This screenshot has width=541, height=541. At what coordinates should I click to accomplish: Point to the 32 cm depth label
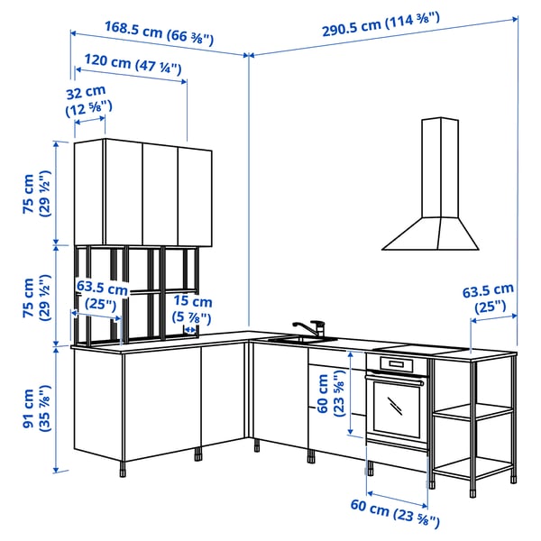coord(86,100)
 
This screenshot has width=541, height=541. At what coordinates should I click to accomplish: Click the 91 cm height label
coord(36,408)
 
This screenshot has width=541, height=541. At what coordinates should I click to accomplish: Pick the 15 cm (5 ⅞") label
coord(194,309)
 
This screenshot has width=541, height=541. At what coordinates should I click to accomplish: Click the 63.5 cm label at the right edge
coord(488,298)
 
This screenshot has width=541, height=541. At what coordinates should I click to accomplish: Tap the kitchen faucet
coord(312,327)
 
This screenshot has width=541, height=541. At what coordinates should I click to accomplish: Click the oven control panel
coord(395,363)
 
